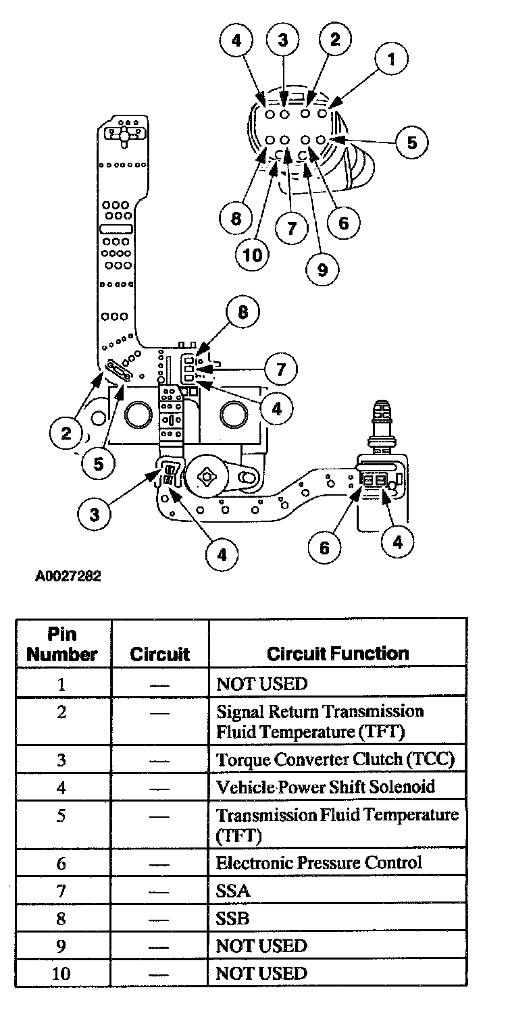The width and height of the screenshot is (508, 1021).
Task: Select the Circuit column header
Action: click(159, 654)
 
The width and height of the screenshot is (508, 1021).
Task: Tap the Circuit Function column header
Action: click(337, 654)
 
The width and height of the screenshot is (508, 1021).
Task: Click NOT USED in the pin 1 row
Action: click(261, 684)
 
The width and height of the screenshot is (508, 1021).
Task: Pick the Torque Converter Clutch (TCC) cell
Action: click(336, 759)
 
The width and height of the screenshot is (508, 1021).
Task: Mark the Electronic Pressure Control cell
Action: click(319, 862)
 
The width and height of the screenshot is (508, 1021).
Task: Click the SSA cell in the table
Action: click(233, 891)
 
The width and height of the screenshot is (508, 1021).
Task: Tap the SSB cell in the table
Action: click(232, 918)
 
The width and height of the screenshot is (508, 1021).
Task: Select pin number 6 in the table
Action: click(61, 862)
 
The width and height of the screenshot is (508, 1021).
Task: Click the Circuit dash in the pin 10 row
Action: click(159, 974)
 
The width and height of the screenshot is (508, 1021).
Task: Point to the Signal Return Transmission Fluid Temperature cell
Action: click(320, 721)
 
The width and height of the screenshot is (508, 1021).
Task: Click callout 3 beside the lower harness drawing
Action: click(95, 514)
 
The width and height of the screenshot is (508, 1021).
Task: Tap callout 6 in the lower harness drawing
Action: click(325, 546)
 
